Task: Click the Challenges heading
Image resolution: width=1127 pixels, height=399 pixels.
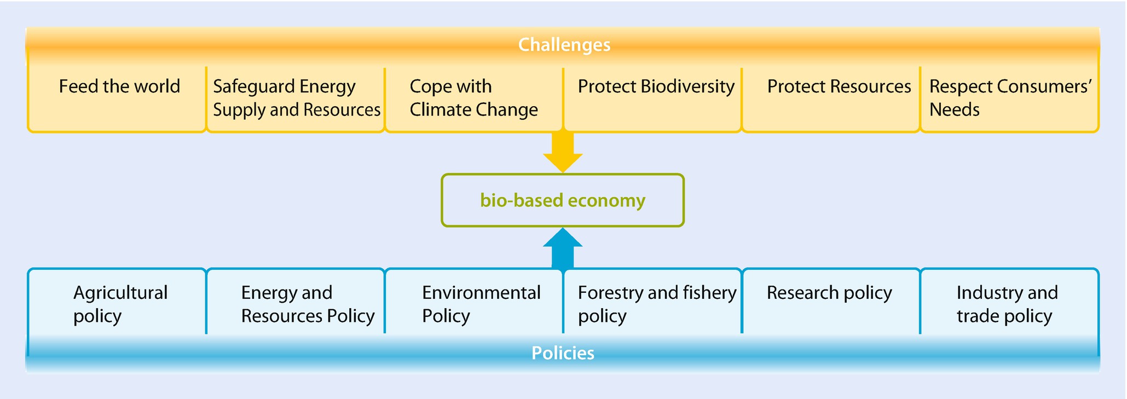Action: click(564, 44)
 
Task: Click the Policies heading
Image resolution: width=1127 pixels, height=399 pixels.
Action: click(563, 353)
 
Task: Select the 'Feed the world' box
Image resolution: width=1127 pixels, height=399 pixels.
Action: click(117, 99)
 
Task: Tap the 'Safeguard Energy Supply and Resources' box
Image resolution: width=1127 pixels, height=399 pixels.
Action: click(296, 99)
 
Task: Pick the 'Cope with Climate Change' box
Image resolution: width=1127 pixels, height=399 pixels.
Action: click(474, 99)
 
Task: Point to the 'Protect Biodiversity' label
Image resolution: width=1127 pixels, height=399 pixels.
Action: click(656, 86)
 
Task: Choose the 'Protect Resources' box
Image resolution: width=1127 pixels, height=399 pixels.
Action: click(831, 99)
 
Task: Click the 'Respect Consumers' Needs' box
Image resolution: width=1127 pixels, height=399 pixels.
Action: click(1009, 99)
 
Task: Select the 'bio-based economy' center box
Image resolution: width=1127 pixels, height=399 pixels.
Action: click(563, 200)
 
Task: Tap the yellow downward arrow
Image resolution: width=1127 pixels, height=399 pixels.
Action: click(563, 152)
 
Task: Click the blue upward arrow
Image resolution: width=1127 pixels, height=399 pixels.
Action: click(563, 248)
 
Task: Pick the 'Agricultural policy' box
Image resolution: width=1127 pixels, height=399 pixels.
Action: click(117, 301)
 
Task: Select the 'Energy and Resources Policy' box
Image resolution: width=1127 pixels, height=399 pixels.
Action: click(296, 301)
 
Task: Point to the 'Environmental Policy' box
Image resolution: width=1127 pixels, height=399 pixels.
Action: click(474, 301)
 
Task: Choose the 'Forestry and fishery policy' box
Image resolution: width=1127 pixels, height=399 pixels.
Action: click(652, 301)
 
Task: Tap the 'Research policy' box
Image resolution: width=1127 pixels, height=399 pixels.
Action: click(831, 301)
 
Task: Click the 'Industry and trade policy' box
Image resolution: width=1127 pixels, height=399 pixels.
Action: click(1009, 301)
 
